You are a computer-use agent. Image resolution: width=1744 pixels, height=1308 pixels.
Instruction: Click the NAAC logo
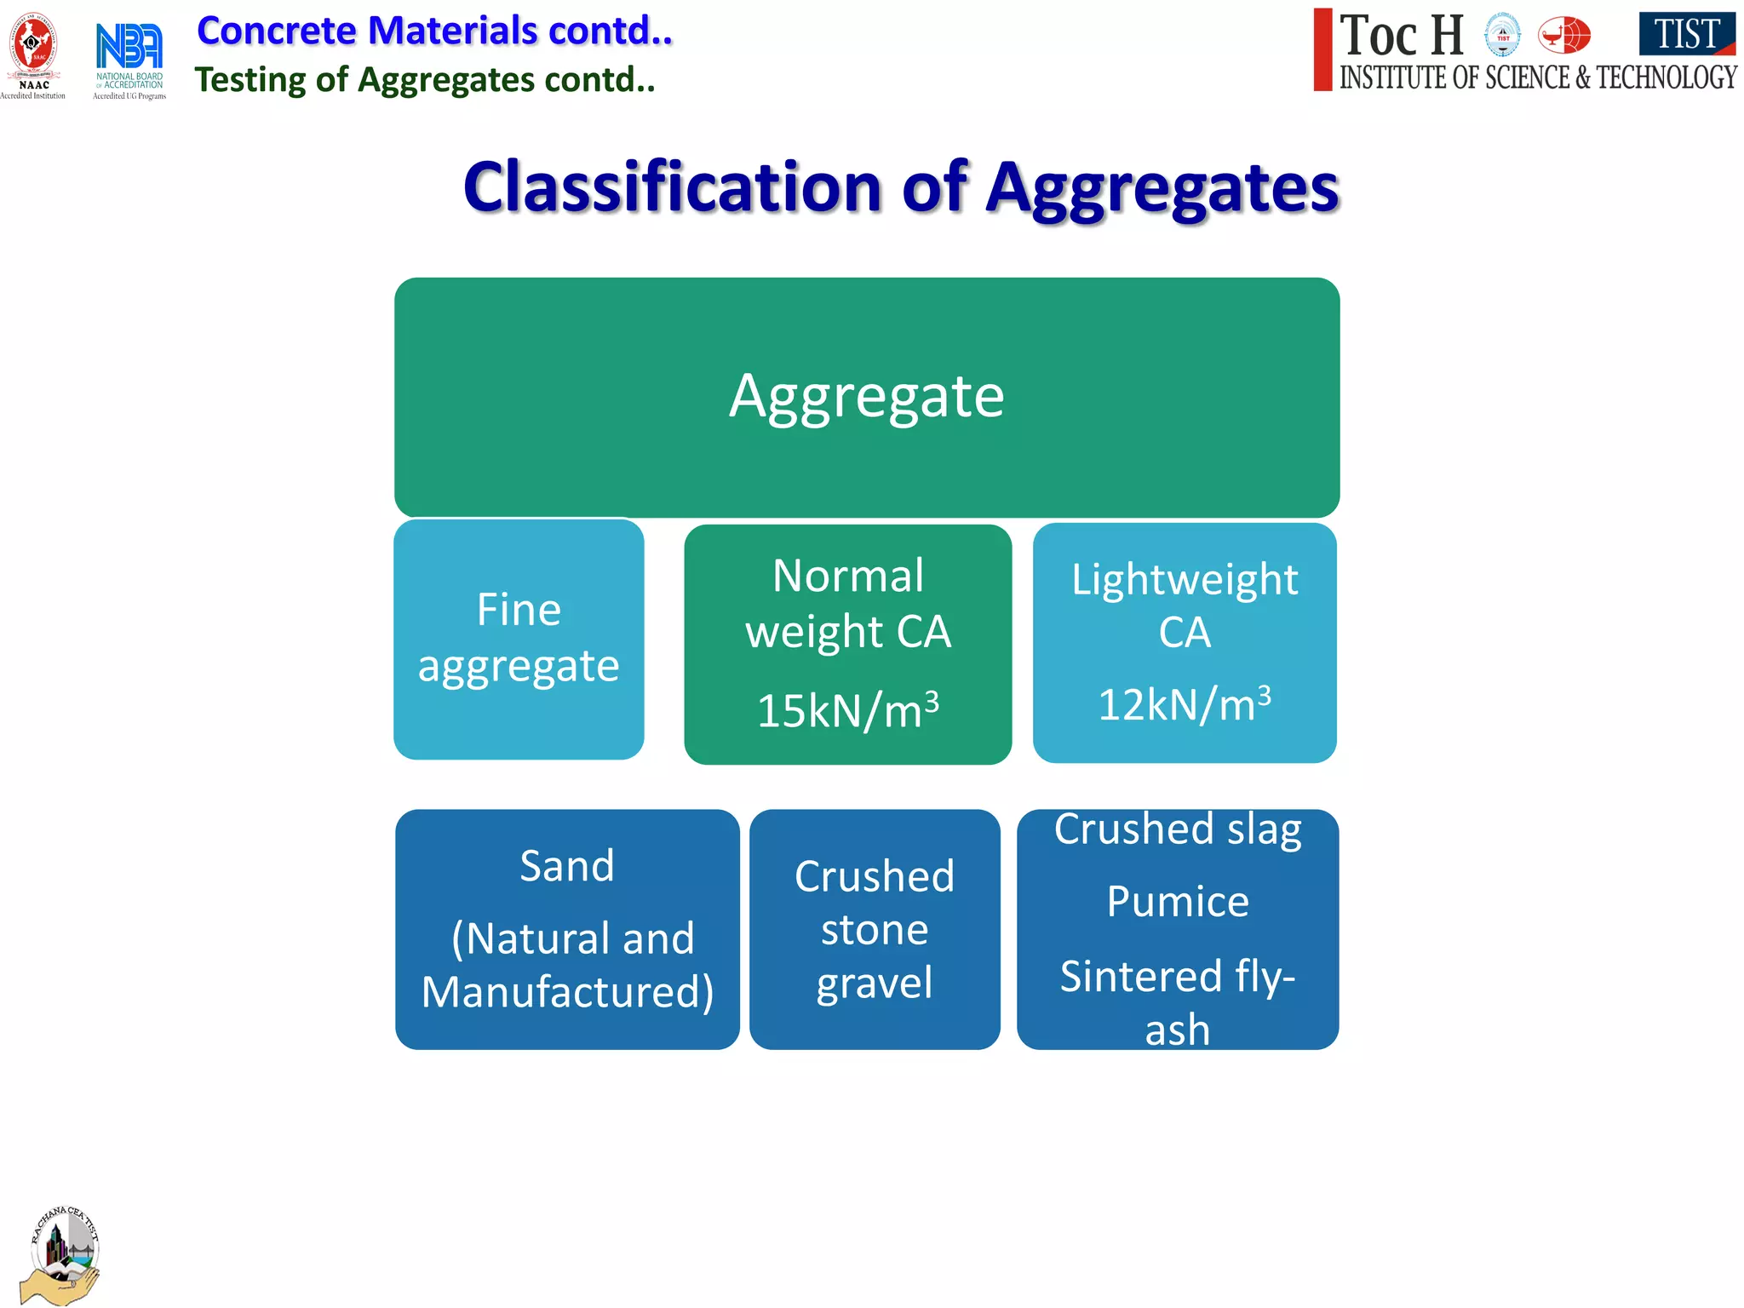click(x=32, y=53)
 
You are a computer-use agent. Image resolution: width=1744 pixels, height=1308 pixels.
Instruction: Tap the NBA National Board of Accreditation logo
click(x=129, y=56)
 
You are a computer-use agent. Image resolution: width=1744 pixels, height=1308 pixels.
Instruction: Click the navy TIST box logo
click(x=1686, y=35)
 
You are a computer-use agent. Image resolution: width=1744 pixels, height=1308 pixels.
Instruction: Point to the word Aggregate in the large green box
click(x=867, y=397)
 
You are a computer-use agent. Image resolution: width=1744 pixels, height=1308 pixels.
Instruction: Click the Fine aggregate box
click(x=519, y=639)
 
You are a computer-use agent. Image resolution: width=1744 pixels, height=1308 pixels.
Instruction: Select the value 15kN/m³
click(x=847, y=710)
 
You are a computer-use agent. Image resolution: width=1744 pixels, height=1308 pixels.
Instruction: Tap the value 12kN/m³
click(x=1184, y=705)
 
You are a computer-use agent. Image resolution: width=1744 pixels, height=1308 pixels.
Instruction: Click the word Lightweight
click(x=1184, y=581)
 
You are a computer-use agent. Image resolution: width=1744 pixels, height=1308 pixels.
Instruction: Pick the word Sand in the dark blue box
click(x=567, y=867)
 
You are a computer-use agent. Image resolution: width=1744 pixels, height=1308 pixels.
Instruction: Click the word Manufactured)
click(x=567, y=993)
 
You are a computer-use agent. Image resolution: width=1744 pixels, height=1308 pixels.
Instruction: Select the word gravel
click(x=874, y=984)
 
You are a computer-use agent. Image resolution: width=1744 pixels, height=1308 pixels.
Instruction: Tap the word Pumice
click(x=1178, y=902)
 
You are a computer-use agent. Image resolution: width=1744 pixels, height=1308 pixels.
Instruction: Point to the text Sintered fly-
click(x=1178, y=977)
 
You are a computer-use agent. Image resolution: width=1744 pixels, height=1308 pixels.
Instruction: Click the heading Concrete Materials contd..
click(x=434, y=31)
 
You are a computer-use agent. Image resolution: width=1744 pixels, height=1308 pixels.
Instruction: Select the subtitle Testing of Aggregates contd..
click(x=425, y=80)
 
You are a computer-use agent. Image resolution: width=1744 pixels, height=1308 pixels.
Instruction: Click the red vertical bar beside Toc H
click(x=1322, y=49)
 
